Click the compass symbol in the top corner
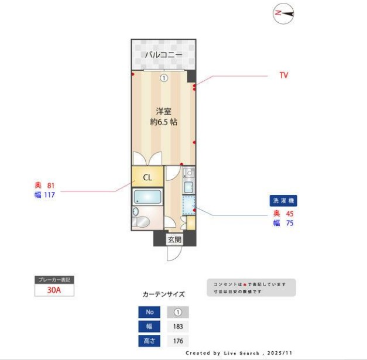(284, 13)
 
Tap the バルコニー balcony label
(163, 55)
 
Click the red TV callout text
(283, 76)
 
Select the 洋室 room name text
(163, 111)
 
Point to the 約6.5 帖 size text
(163, 122)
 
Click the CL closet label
(148, 177)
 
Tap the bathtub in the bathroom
(147, 197)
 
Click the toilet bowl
(143, 222)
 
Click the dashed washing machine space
(189, 206)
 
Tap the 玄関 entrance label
(174, 239)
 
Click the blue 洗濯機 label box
(284, 201)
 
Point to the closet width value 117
(49, 196)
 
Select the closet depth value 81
(51, 186)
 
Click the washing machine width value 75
(289, 222)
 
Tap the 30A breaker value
(54, 290)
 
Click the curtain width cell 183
(178, 327)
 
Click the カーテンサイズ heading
(163, 294)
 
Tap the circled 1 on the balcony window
(164, 78)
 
